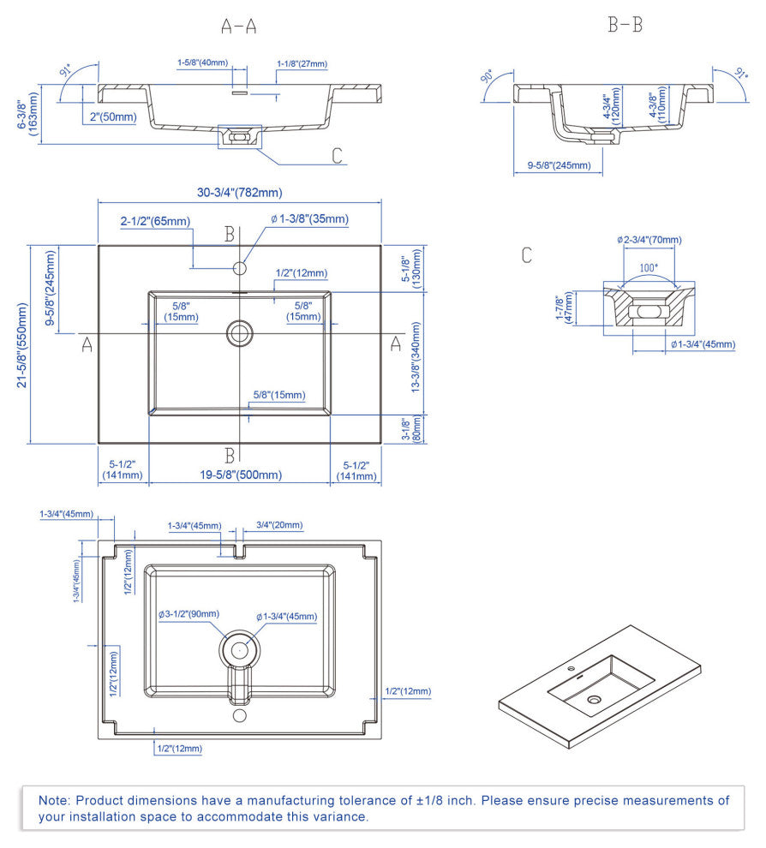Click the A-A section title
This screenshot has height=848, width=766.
click(239, 26)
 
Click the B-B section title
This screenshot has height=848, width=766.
click(625, 25)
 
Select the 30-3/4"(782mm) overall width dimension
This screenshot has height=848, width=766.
click(240, 193)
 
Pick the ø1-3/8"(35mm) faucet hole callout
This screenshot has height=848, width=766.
click(310, 219)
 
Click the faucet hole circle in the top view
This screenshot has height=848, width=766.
click(240, 269)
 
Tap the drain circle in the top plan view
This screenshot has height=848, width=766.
click(239, 332)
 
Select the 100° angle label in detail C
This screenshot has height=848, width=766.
click(649, 267)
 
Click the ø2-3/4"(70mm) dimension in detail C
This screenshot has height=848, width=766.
click(649, 240)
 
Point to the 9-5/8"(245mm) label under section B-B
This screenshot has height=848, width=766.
click(559, 165)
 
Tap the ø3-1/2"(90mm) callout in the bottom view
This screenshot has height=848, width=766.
click(189, 614)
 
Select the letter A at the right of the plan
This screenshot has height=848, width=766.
click(396, 343)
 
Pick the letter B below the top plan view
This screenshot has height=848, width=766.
click(230, 454)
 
